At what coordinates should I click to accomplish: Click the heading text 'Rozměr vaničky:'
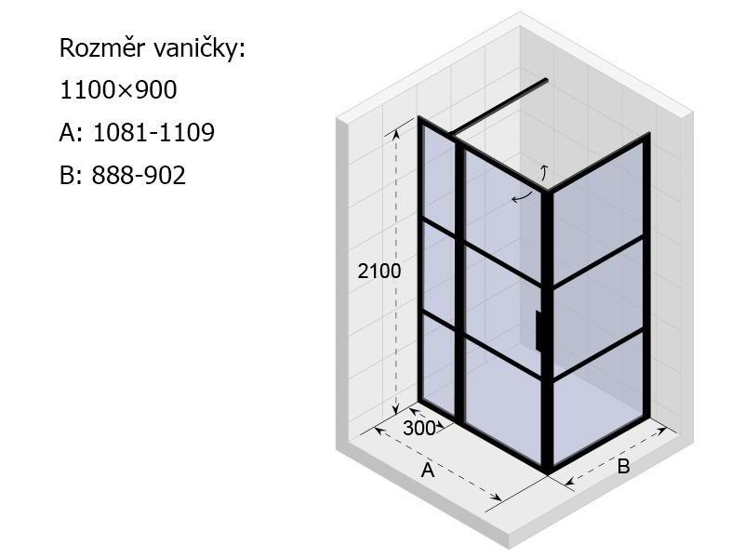[x=153, y=48]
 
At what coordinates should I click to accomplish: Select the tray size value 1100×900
[x=118, y=89]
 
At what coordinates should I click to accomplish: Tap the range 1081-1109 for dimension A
[x=153, y=132]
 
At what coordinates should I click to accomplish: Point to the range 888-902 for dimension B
[x=138, y=175]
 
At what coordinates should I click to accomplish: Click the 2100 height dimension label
[x=379, y=271]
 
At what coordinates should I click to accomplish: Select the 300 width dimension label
[x=419, y=428]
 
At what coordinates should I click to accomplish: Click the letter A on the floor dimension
[x=428, y=470]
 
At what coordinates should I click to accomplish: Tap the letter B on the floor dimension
[x=623, y=466]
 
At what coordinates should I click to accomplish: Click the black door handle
[x=538, y=331]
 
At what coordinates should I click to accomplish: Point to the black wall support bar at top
[x=499, y=107]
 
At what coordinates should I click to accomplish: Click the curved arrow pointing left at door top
[x=522, y=196]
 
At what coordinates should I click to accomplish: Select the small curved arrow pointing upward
[x=545, y=173]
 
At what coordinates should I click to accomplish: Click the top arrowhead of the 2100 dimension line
[x=396, y=133]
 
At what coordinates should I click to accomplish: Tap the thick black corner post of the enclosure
[x=547, y=331]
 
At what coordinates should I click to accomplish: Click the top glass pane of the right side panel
[x=598, y=213]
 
